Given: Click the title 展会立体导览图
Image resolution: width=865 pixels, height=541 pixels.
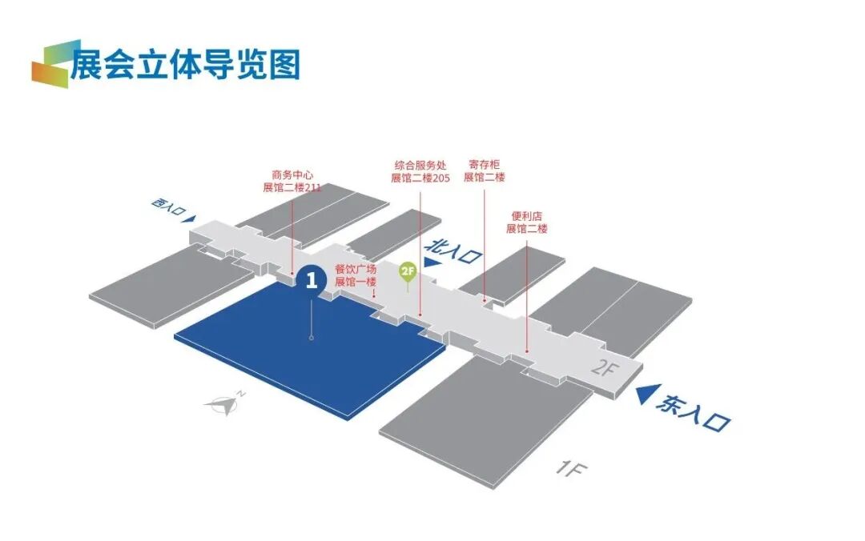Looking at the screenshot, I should tap(185, 63).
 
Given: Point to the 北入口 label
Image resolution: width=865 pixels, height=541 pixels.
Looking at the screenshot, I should tap(456, 250).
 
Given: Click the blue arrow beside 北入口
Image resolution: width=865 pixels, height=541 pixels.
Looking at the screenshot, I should tap(432, 262).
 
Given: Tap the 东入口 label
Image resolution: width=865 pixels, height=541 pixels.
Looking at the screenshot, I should tap(694, 415).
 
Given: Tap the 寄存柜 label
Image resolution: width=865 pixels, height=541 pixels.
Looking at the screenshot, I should tap(484, 164).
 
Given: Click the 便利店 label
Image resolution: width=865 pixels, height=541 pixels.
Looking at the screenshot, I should tap(526, 216).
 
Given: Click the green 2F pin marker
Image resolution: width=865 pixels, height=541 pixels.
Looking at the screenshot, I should tap(408, 271).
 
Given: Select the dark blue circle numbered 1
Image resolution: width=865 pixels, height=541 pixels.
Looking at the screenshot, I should tap(311, 279).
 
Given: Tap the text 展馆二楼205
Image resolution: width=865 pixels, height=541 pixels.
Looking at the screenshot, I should tap(420, 178).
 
